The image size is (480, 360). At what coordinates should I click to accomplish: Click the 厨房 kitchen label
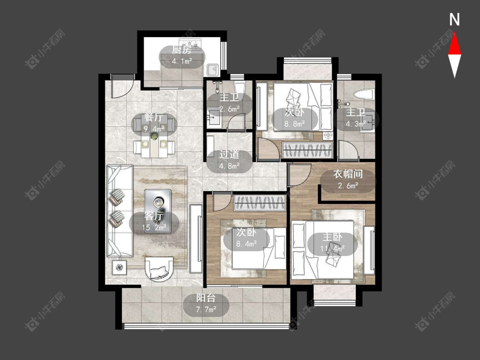click(181, 50)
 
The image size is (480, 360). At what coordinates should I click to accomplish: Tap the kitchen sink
click(212, 70)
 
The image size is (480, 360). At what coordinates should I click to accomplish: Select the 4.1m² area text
click(182, 61)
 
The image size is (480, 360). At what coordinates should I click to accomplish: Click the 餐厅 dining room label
click(154, 118)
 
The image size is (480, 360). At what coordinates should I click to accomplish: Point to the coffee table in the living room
click(157, 211)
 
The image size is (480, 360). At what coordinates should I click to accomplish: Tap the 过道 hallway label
click(229, 154)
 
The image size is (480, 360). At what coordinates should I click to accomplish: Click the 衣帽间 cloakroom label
click(348, 174)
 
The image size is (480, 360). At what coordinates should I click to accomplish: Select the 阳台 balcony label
click(206, 298)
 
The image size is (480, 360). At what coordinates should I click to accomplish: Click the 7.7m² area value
click(206, 310)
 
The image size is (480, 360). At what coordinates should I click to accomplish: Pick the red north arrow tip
click(454, 33)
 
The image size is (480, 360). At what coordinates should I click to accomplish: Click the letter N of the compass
click(454, 19)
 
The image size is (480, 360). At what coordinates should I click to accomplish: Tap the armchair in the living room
click(159, 269)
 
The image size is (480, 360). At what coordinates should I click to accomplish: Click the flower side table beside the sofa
click(119, 267)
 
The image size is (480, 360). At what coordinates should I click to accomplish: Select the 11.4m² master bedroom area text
click(332, 248)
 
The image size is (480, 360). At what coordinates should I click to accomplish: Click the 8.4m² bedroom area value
click(247, 244)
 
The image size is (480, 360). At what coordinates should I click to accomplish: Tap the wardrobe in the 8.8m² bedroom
click(307, 150)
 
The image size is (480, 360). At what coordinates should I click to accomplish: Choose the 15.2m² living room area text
click(154, 227)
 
